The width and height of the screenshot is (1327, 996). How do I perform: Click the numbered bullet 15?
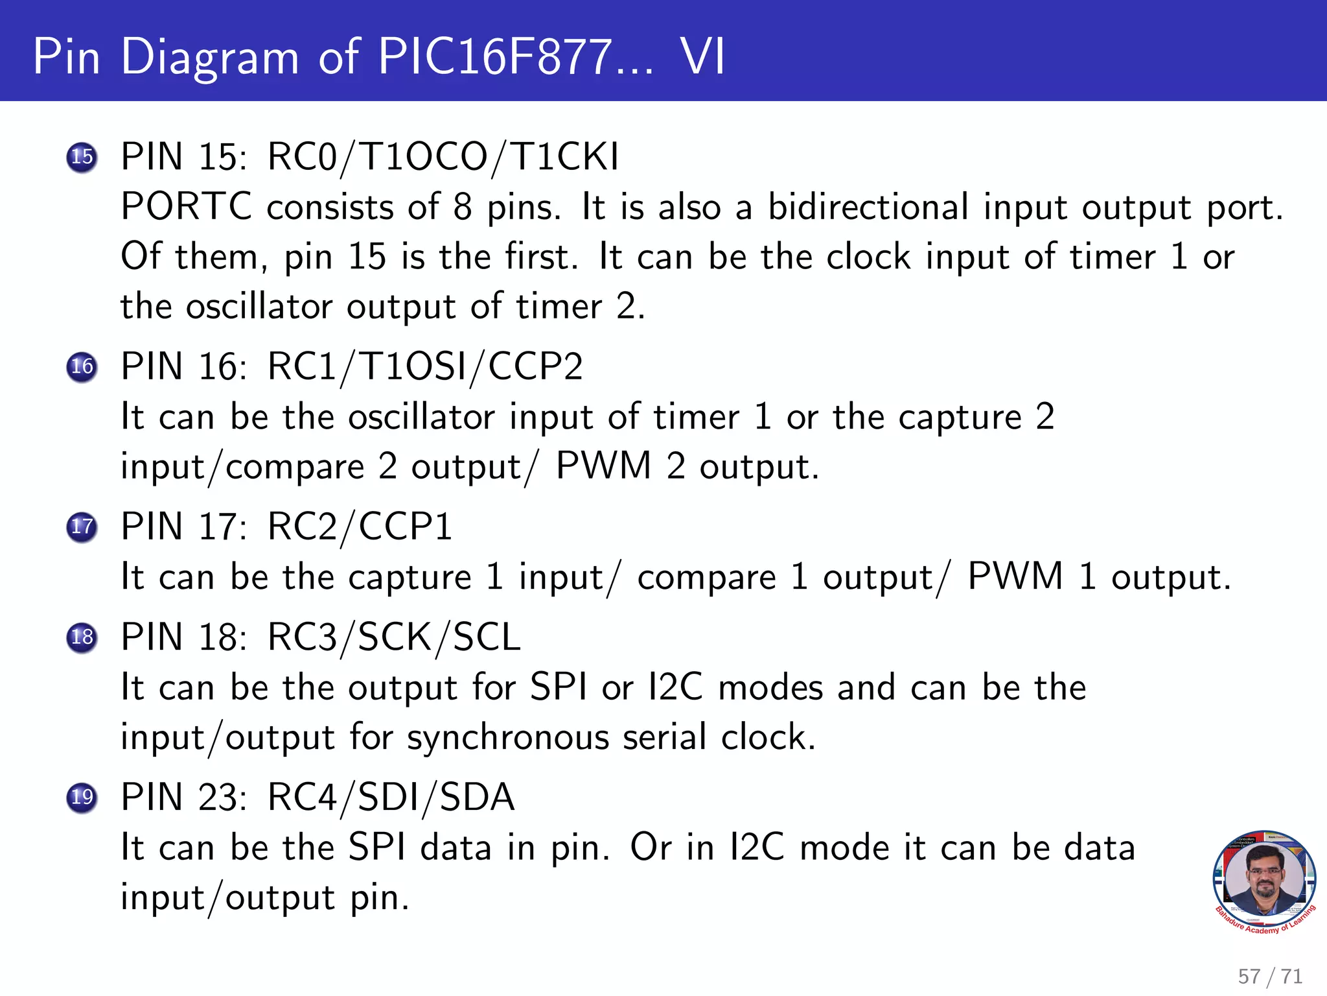click(82, 157)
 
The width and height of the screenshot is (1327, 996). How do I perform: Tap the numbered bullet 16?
click(82, 367)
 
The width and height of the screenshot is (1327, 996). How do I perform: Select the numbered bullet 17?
click(82, 527)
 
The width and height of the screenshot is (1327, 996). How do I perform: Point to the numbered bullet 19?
click(82, 797)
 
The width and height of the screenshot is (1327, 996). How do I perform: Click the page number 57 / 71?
click(1269, 976)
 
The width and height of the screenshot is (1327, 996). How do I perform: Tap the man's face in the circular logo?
click(1264, 875)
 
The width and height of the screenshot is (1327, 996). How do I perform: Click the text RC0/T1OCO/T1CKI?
click(443, 157)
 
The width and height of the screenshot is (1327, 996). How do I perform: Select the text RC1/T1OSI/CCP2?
click(425, 367)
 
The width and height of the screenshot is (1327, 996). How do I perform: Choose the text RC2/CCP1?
click(360, 527)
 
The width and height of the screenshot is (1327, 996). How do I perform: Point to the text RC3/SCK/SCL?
click(394, 637)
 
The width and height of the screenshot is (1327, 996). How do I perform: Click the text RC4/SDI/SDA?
click(391, 797)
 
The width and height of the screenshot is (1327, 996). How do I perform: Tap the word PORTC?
click(186, 207)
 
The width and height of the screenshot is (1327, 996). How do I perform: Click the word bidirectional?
click(868, 207)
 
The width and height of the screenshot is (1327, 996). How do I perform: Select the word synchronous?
click(508, 738)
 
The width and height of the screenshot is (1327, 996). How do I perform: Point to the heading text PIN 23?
click(184, 797)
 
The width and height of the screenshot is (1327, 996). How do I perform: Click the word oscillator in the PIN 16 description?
click(422, 417)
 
